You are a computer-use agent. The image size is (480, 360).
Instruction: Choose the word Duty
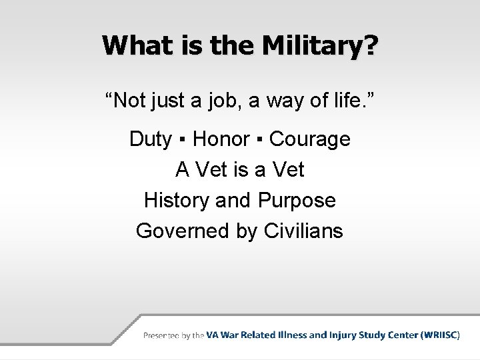150,139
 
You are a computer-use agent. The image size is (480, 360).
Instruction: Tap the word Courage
310,139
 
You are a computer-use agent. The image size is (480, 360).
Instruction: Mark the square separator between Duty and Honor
183,140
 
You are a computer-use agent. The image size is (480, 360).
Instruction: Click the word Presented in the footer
161,336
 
